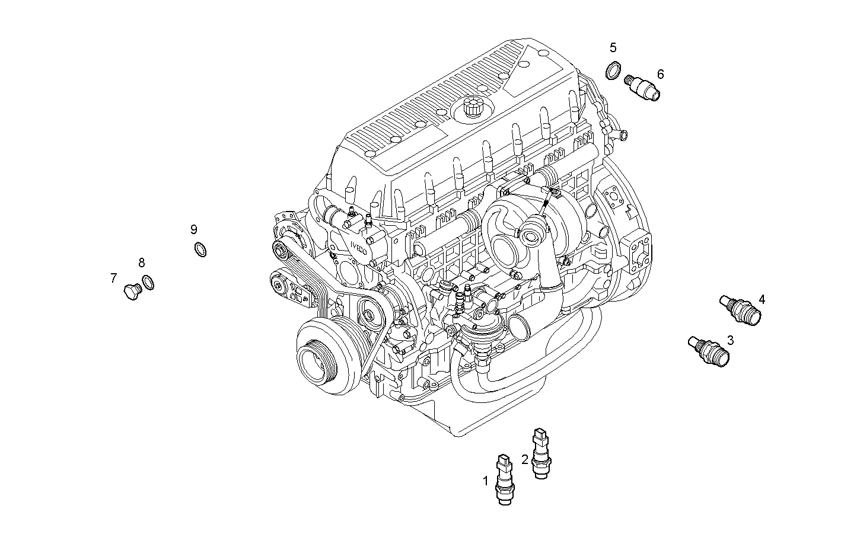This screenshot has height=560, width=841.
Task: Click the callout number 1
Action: tap(486, 481)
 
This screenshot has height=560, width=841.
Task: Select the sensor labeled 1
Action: tap(504, 479)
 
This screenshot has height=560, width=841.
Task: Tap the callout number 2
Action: tap(525, 459)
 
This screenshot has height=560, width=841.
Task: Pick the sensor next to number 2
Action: tap(541, 453)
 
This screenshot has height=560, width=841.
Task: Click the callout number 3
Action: tap(730, 340)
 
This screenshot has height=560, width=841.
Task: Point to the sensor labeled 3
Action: tap(708, 350)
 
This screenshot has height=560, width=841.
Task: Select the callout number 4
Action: tap(762, 299)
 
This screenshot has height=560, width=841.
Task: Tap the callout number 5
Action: tap(613, 47)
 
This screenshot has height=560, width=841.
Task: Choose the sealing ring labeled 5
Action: tap(613, 71)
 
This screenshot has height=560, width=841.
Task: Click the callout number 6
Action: tap(660, 74)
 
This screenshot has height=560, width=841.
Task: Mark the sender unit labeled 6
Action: tap(644, 88)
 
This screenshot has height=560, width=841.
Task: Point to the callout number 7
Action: tap(113, 277)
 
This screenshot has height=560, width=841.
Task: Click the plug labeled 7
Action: tap(131, 291)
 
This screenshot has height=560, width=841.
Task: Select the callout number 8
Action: tap(141, 262)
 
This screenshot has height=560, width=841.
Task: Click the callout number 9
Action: tap(194, 229)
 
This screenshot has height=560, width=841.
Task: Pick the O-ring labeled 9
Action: tap(201, 250)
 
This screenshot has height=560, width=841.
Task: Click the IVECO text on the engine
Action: tap(362, 250)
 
